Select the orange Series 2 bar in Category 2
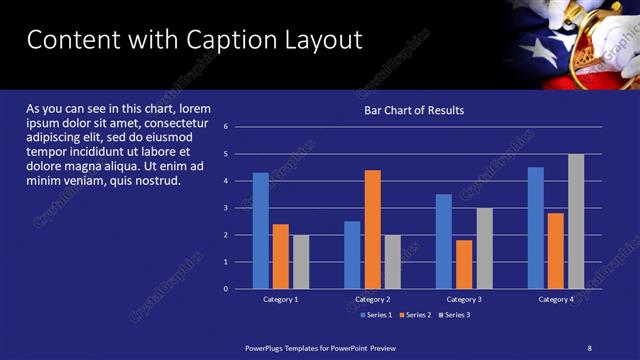pos(372,229)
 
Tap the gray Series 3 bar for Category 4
pos(576,221)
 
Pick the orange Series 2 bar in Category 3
pos(464,264)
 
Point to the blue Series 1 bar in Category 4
pos(536,228)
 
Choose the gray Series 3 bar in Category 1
pos(301,262)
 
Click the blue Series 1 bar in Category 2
pos(352,255)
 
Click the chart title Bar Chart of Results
pos(413,110)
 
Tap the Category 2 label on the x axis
pos(372,299)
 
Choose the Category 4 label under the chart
pos(556,299)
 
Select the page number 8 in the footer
pos(589,347)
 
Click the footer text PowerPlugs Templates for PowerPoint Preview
pos(321,347)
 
